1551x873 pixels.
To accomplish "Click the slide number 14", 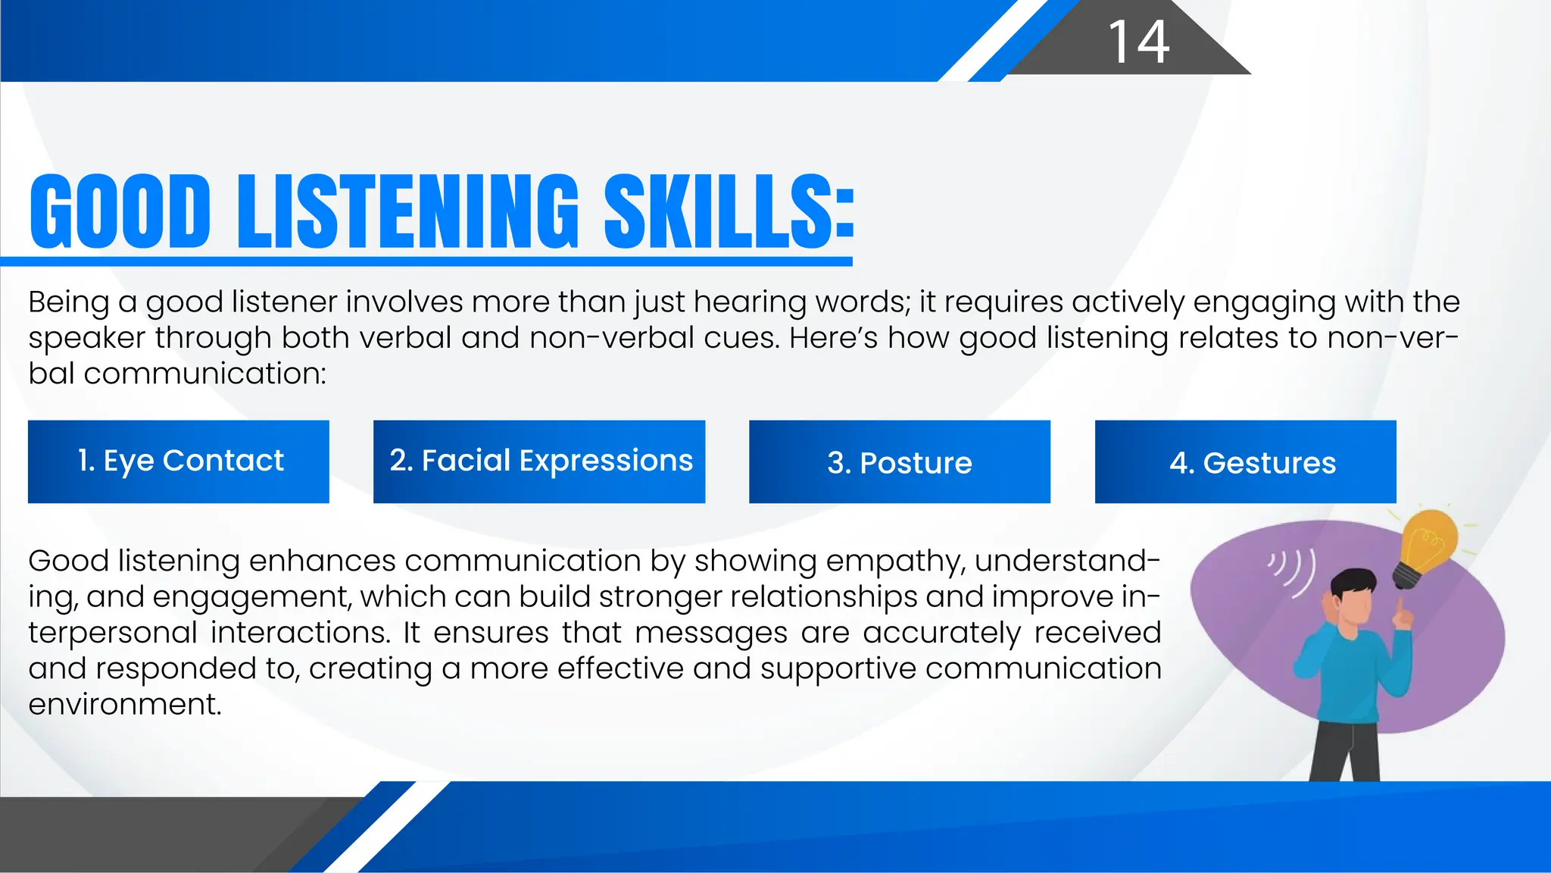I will click(x=1138, y=42).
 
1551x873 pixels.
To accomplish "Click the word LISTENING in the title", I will click(x=408, y=211).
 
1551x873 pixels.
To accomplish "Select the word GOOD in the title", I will click(x=120, y=211).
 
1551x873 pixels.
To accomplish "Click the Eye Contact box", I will click(x=179, y=462).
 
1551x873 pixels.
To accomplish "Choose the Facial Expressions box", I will click(x=539, y=462).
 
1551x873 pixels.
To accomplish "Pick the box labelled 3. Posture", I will click(x=900, y=462).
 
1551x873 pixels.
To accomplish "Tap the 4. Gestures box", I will click(x=1246, y=462).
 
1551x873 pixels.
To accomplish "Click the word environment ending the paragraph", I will click(x=125, y=705).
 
